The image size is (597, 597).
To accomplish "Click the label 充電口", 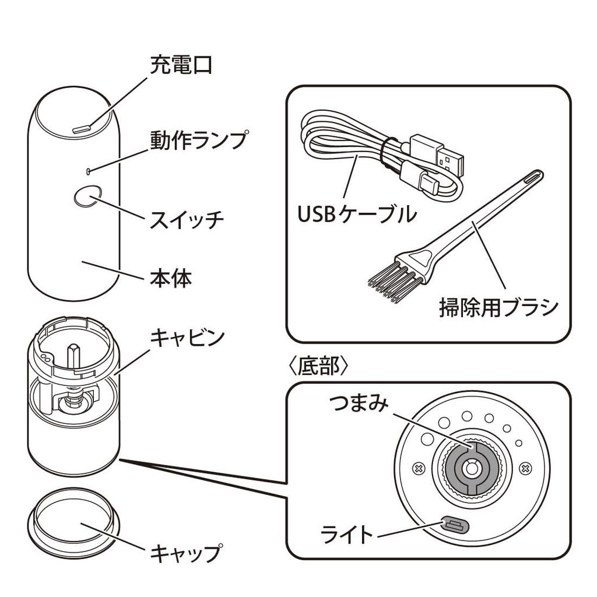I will point(181,64).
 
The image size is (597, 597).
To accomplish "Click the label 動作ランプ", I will point(198,140).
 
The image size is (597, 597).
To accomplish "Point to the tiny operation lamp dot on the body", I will point(87,171).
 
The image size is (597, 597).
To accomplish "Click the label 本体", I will point(170,278).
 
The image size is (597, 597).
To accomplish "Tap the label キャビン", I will point(187,338).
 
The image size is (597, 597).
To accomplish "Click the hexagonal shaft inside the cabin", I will point(73,356).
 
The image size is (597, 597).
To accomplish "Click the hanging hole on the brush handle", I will point(533,177).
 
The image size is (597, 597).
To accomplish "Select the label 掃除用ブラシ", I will point(498,307).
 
